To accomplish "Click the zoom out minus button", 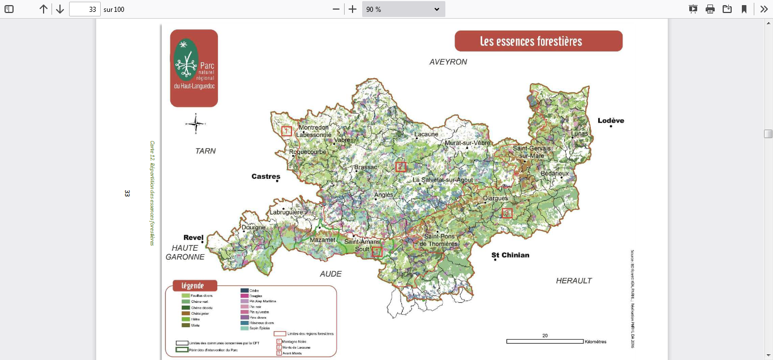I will tap(336, 9).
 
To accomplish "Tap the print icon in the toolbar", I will tap(710, 9).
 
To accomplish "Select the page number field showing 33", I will tap(85, 9).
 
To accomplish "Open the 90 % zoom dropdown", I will tap(403, 9).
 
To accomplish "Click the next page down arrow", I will tap(59, 9).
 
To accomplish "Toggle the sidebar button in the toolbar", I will tap(9, 9).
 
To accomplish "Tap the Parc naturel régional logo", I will tap(194, 68).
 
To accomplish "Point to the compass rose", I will tap(195, 123).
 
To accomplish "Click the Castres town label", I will tap(265, 177).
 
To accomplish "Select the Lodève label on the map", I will tap(611, 121).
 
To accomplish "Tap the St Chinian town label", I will tap(510, 255).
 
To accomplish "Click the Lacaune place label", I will tap(426, 135).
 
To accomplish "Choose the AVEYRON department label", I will tap(448, 62).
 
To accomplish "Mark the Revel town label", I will tap(193, 238).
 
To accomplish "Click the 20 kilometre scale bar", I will tap(544, 341).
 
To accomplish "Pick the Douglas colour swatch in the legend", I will tap(244, 296).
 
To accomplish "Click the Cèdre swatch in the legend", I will tap(244, 290).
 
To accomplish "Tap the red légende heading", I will tap(192, 286).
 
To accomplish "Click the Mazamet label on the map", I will tap(322, 241).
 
